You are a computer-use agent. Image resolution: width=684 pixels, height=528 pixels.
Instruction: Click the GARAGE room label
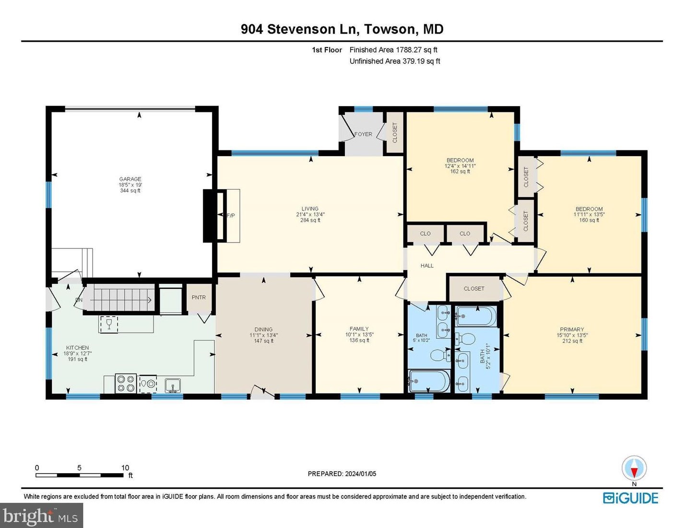point(130,179)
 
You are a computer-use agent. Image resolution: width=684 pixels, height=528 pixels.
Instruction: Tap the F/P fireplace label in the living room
point(230,216)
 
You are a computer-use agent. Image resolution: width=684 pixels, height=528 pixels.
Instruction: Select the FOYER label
point(363,135)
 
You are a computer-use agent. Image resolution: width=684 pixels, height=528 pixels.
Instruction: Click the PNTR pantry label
point(199,297)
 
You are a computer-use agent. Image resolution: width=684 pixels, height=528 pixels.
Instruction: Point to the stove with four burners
point(126,383)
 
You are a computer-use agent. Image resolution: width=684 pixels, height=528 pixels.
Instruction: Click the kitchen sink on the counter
point(173,384)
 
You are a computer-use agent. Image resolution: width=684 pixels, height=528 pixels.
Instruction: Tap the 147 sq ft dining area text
point(263,341)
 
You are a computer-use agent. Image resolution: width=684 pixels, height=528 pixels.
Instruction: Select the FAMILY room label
point(359,329)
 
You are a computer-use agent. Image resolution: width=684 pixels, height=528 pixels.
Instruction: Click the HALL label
point(427,266)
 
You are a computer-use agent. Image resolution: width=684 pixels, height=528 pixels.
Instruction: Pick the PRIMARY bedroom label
point(572,330)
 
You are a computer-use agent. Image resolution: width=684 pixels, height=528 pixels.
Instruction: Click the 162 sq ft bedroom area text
point(460,172)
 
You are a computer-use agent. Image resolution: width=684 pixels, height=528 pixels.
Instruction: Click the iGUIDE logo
point(630,498)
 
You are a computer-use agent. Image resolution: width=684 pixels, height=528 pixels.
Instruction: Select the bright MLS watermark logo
point(41,516)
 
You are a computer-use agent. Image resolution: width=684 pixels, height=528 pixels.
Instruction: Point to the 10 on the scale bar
point(125,467)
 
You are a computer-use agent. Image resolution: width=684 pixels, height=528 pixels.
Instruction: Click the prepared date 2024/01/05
point(360,474)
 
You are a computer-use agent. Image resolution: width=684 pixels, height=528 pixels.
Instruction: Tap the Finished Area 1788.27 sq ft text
point(393,50)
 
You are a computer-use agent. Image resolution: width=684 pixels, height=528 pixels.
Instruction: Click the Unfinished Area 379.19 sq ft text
point(395,61)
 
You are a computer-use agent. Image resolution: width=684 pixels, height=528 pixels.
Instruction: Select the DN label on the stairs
point(79,300)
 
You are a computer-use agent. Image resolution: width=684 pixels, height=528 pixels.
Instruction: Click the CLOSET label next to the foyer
point(395,133)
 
